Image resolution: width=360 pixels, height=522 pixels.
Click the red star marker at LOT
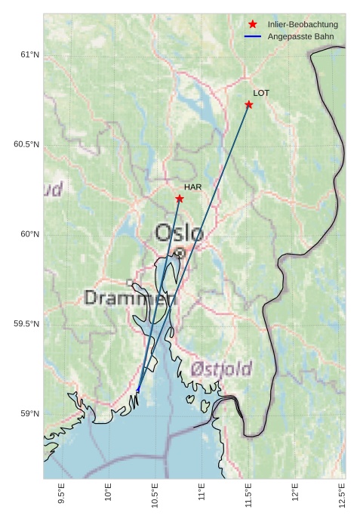coord(248,104)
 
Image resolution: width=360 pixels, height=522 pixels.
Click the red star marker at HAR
coord(180,199)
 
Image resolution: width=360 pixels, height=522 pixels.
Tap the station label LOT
coord(261,93)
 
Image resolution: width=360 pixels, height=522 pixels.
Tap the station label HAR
coord(192,187)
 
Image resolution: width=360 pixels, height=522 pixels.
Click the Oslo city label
coord(179,233)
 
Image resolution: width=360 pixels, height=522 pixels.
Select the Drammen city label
coord(130,298)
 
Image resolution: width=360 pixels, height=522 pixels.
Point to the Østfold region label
coord(221,369)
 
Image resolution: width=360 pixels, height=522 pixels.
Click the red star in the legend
coord(253,25)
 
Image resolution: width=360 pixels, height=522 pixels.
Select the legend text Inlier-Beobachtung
coord(303,25)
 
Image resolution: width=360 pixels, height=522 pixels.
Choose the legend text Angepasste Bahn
coord(299,37)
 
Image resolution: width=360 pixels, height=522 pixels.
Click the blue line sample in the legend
coord(253,37)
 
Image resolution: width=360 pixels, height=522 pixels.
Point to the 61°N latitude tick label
coord(29,54)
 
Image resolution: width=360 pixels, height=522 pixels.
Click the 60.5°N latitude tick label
coord(26,144)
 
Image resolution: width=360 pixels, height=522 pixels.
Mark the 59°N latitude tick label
coord(29,413)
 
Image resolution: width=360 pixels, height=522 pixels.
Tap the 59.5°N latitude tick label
coord(26,324)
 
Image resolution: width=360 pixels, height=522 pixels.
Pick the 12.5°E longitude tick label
coord(343,496)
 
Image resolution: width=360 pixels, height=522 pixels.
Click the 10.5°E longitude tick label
coord(155,496)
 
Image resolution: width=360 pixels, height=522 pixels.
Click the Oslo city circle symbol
coord(180,254)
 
